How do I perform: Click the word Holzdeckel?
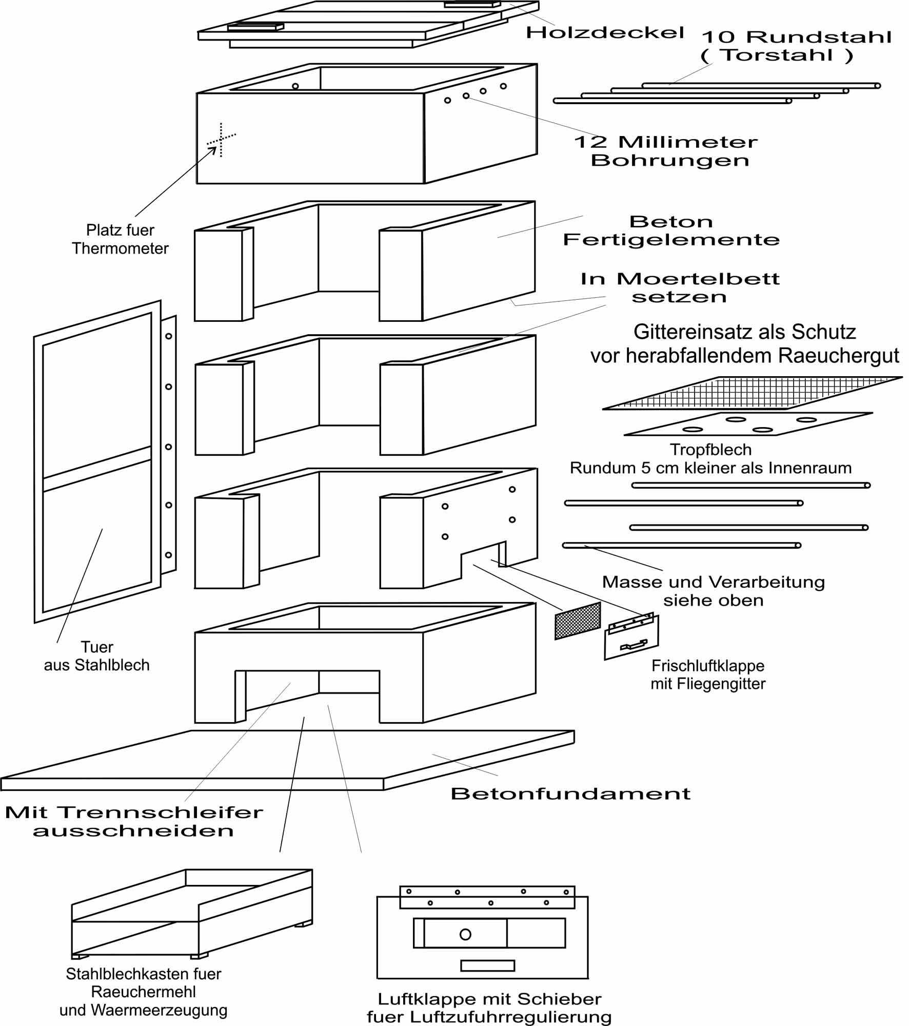pos(605,33)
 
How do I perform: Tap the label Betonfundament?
pos(570,793)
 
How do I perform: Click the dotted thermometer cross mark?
pos(221,140)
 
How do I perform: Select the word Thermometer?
pos(120,248)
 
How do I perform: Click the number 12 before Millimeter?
pos(590,142)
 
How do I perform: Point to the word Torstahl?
pos(777,55)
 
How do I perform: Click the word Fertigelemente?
pos(671,240)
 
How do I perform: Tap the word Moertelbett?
pos(698,279)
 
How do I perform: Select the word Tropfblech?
pos(710,450)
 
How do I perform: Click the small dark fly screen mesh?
pos(578,621)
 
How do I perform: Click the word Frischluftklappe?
pos(708,666)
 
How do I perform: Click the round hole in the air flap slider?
pos(465,934)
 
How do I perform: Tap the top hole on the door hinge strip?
pos(169,336)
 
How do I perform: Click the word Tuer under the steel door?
pos(97,647)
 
